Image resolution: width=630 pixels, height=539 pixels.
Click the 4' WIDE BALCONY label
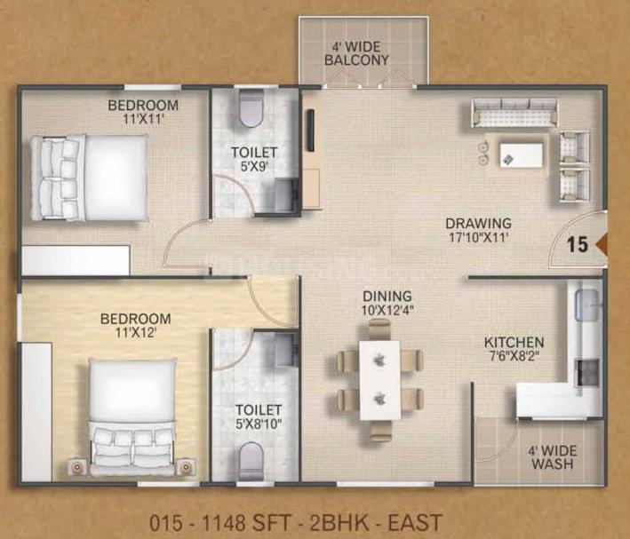(356, 53)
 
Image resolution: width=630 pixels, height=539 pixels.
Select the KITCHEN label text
(514, 343)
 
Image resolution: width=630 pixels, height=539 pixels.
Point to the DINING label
(387, 297)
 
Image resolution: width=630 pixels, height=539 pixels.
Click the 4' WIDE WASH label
(553, 457)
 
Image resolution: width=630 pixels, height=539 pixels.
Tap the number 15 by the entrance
(578, 244)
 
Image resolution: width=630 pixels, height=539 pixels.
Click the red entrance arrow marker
(601, 244)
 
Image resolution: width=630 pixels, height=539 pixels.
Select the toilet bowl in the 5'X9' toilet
(251, 108)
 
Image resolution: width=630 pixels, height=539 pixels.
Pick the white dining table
(379, 380)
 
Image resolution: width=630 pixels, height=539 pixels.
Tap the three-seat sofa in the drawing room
(514, 112)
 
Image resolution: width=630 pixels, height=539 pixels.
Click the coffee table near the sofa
(521, 155)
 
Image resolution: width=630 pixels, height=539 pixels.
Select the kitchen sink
(588, 305)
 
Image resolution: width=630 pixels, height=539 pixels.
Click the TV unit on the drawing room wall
(311, 131)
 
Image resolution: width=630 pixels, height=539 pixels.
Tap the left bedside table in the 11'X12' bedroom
(76, 467)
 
